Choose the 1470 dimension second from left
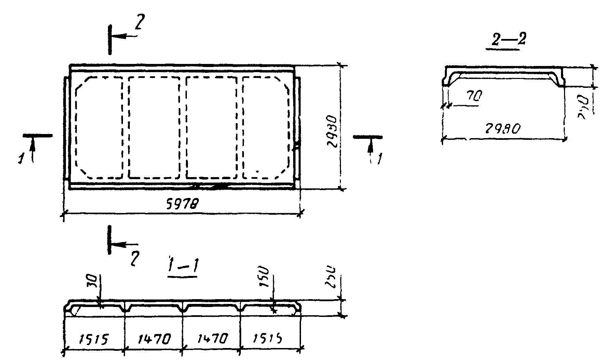[154, 339]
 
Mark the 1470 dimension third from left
[212, 339]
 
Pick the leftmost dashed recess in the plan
[99, 128]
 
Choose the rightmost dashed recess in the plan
[266, 128]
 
